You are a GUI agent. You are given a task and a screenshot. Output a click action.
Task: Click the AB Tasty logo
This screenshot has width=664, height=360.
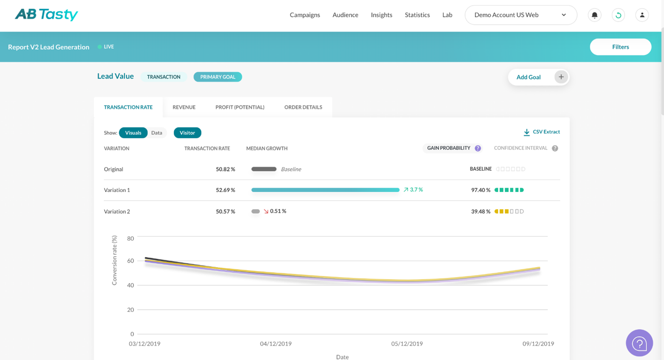click(46, 15)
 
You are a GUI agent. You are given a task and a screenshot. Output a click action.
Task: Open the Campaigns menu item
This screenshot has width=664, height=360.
click(305, 15)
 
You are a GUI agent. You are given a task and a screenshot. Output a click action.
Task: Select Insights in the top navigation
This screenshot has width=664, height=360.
click(381, 15)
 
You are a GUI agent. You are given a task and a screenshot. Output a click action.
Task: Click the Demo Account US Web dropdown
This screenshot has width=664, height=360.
click(520, 15)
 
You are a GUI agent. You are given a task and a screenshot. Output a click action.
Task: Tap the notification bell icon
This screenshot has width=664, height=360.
click(594, 15)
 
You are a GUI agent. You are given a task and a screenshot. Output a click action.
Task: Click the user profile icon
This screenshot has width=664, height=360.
click(642, 15)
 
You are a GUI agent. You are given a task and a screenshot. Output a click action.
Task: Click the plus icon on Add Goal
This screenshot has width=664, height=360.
click(561, 77)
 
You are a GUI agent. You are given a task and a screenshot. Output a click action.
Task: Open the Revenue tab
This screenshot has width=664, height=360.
click(184, 107)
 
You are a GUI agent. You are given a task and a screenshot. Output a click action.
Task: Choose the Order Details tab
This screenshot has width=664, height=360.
click(303, 107)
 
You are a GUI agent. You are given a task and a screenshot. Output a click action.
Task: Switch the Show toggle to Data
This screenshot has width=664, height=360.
click(157, 133)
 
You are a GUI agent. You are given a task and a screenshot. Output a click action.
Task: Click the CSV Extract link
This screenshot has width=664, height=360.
click(542, 132)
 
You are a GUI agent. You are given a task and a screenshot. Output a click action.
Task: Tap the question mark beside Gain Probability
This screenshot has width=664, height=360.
click(478, 148)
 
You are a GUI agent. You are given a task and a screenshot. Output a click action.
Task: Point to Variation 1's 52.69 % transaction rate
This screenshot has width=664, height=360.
click(225, 190)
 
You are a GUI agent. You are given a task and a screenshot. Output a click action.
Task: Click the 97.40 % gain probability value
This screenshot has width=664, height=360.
click(480, 190)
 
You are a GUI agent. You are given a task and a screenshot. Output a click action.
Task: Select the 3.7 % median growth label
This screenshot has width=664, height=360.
click(416, 190)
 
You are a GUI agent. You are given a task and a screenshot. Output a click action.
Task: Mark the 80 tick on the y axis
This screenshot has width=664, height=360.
click(130, 239)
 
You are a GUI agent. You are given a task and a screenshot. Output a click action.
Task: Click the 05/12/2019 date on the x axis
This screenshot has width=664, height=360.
click(407, 343)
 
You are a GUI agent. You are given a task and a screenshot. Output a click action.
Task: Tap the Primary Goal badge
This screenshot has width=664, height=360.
click(217, 77)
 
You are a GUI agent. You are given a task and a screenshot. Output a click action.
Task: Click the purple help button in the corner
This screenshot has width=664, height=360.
click(639, 343)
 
